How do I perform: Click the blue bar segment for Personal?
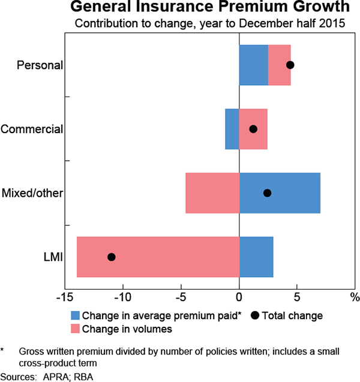point(253,65)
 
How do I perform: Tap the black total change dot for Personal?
point(290,65)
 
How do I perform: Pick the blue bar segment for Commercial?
point(232,129)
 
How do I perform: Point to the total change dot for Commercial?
point(253,129)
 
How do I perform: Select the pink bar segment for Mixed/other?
point(212,193)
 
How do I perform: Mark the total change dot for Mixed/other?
point(268,193)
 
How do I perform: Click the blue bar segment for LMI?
point(256,257)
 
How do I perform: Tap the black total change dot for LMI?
point(112,257)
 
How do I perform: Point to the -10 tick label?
point(122,297)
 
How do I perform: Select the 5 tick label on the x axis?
point(297,297)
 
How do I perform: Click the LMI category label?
point(53,257)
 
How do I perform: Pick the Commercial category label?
point(32,129)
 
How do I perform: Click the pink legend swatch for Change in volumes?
point(75,329)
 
